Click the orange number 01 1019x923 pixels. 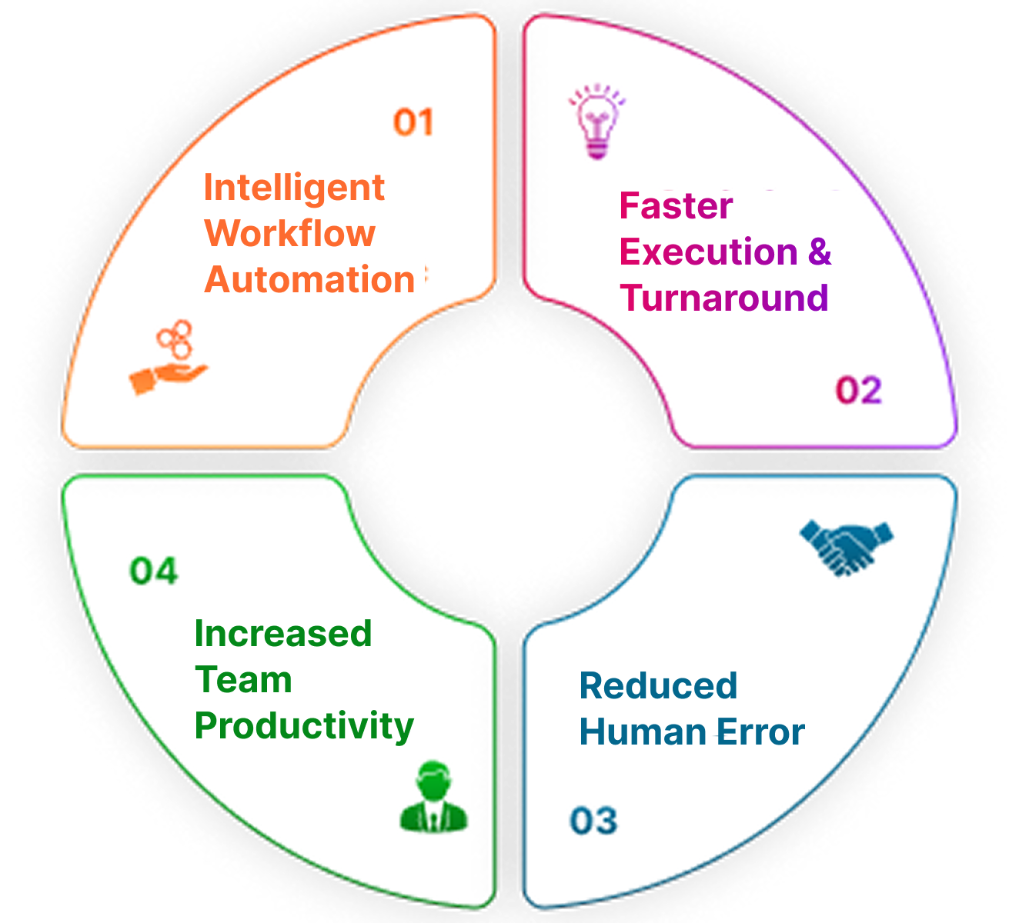click(x=414, y=122)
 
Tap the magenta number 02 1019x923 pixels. click(x=858, y=390)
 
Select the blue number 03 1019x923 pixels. click(x=593, y=821)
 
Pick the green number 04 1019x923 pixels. click(x=154, y=571)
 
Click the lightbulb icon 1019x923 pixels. click(x=596, y=122)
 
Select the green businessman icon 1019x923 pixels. click(x=434, y=797)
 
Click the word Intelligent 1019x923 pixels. click(x=294, y=188)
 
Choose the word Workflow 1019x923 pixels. click(x=290, y=234)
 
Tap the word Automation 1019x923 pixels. click(x=310, y=279)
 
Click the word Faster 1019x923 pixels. click(x=676, y=206)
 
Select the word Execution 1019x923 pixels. click(x=708, y=252)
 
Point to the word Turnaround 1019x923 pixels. click(x=723, y=298)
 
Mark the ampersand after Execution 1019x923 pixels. click(x=820, y=252)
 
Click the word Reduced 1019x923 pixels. click(x=658, y=686)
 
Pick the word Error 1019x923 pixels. click(x=760, y=732)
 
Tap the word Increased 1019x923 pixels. click(x=283, y=634)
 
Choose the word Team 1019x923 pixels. click(x=243, y=680)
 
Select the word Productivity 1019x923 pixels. click(x=304, y=727)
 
